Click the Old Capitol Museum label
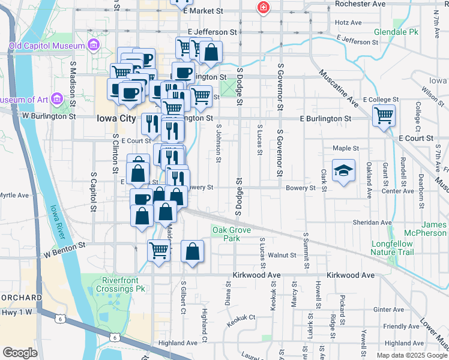click(46, 46)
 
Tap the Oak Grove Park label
click(226, 234)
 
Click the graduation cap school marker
click(344, 171)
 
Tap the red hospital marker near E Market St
click(262, 8)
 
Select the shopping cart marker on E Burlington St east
click(384, 115)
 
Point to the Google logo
click(20, 353)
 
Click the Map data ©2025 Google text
click(411, 355)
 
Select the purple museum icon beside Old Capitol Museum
click(93, 45)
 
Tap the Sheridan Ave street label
click(372, 222)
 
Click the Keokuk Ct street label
click(241, 320)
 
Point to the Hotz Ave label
click(348, 23)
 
